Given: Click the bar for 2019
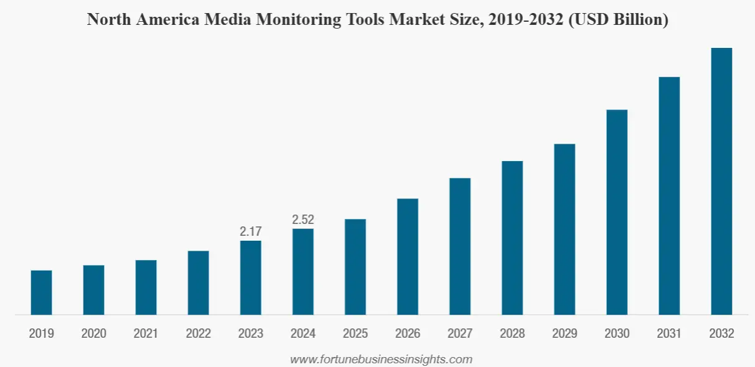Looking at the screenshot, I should click(x=41, y=292).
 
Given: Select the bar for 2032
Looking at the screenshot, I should click(x=721, y=181).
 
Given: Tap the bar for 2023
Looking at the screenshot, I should click(x=251, y=277).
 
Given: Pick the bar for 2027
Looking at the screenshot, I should click(x=460, y=246).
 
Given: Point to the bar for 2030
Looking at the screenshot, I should click(x=617, y=212).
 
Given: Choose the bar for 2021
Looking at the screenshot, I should click(x=146, y=287).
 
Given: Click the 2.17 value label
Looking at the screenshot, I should click(x=251, y=231).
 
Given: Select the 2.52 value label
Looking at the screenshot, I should click(x=303, y=220).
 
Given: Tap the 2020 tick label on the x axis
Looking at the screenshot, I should click(x=93, y=334).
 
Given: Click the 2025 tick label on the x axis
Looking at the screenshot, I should click(x=355, y=334).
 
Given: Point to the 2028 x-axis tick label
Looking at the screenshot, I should click(x=512, y=334).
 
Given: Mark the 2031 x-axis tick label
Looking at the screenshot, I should click(x=669, y=334).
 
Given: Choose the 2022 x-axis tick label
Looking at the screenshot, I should click(x=198, y=334).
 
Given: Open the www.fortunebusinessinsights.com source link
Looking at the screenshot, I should click(x=381, y=359).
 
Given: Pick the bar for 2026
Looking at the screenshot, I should click(x=408, y=256).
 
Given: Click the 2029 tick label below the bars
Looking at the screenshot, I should click(x=565, y=334).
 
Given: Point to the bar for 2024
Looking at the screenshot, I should click(x=303, y=272).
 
